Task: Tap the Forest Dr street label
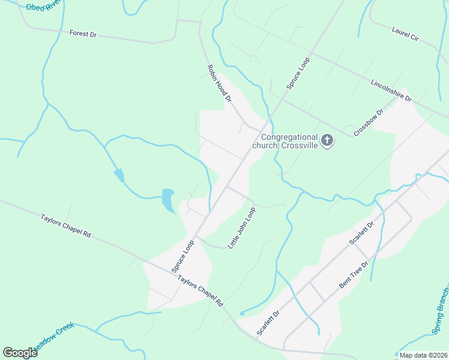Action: pyautogui.click(x=83, y=34)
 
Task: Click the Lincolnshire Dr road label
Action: pyautogui.click(x=391, y=90)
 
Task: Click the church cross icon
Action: pyautogui.click(x=327, y=141)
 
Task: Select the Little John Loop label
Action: pyautogui.click(x=242, y=228)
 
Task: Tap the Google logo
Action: pyautogui.click(x=20, y=352)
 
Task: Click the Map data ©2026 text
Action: pyautogui.click(x=423, y=355)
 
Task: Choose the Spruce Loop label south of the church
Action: pyautogui.click(x=183, y=257)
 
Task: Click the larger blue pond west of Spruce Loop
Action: pyautogui.click(x=167, y=200)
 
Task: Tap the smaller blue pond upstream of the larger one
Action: pyautogui.click(x=119, y=175)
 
